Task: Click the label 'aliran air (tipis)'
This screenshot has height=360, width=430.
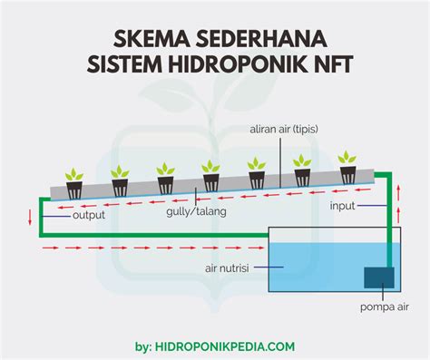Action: point(284,130)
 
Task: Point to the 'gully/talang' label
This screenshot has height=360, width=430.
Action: point(196,211)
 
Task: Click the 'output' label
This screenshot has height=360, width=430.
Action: point(89,216)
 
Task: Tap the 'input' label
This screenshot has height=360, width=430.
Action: point(342,206)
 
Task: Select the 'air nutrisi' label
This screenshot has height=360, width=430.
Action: point(227,268)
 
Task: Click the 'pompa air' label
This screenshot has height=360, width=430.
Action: point(384,307)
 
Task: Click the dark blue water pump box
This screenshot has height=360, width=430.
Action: point(379,277)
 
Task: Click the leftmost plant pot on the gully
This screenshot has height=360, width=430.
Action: point(74,190)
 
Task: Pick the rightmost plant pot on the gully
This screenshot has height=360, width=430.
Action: point(348,175)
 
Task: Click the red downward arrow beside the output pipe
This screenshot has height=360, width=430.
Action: point(30,218)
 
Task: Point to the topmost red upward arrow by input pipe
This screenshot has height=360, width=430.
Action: point(398,190)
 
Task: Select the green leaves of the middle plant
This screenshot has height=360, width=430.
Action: point(211,167)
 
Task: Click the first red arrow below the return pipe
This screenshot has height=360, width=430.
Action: point(50,248)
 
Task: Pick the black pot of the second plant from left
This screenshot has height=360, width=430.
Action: point(120,188)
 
